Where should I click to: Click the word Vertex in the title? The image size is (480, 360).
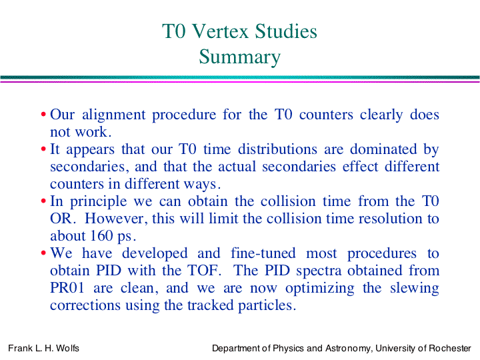pos(221,31)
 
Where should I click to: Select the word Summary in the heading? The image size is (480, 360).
pos(240,57)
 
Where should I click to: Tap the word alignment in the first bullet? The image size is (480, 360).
pos(114,115)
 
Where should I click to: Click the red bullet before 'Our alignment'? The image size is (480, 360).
pos(43,115)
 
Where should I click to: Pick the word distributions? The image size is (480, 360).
pos(277,149)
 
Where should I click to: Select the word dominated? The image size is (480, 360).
pos(383,149)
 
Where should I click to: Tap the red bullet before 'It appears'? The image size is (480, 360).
pos(43,149)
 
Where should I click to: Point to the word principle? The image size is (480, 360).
pos(98,202)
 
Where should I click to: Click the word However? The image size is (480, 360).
pos(114,219)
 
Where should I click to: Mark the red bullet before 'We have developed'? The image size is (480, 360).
pos(43,253)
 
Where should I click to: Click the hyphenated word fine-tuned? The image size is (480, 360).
pos(263,253)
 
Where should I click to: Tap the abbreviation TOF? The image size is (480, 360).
pos(204,271)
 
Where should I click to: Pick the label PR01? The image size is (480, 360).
pos(67,288)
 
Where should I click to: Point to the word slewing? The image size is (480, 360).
pos(415,289)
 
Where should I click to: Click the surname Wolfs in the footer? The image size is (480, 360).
pos(67,348)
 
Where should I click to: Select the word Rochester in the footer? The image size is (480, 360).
pos(450,348)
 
